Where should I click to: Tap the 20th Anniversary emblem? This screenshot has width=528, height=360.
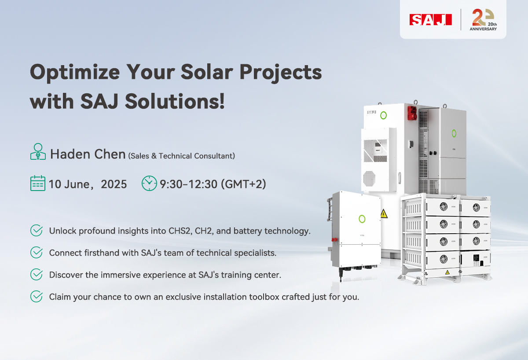[x=484, y=20]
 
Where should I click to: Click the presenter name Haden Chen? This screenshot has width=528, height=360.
[x=88, y=154]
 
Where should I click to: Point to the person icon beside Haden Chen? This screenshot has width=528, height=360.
[x=38, y=152]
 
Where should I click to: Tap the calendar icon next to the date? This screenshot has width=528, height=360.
[x=37, y=183]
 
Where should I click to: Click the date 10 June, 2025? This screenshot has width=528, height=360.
[x=88, y=184]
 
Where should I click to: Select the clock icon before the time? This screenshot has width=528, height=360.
[x=149, y=183]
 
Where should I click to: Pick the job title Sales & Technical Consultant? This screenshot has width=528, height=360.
[x=181, y=156]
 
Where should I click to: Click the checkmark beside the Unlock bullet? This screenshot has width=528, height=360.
[x=37, y=231]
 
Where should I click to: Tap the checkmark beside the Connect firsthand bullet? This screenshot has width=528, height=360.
[x=37, y=253]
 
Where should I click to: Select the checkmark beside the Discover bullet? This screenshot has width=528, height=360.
[x=37, y=275]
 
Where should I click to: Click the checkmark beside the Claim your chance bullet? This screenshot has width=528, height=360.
[x=37, y=297]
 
